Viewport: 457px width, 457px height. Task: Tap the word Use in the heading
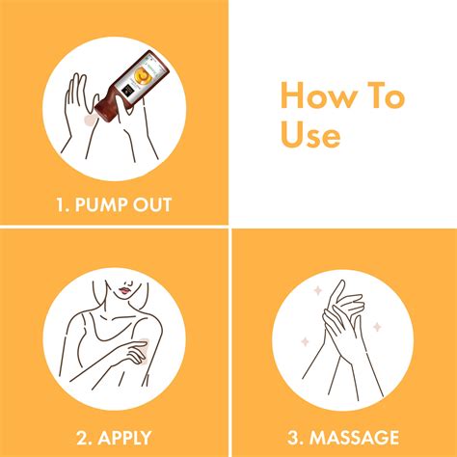310,135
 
